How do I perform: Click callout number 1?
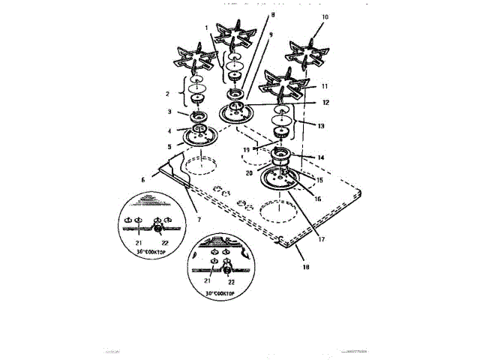point(206,27)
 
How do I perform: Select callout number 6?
point(142,180)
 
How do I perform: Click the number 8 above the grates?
point(251,14)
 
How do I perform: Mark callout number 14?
point(320,157)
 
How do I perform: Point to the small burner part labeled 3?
point(199,116)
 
